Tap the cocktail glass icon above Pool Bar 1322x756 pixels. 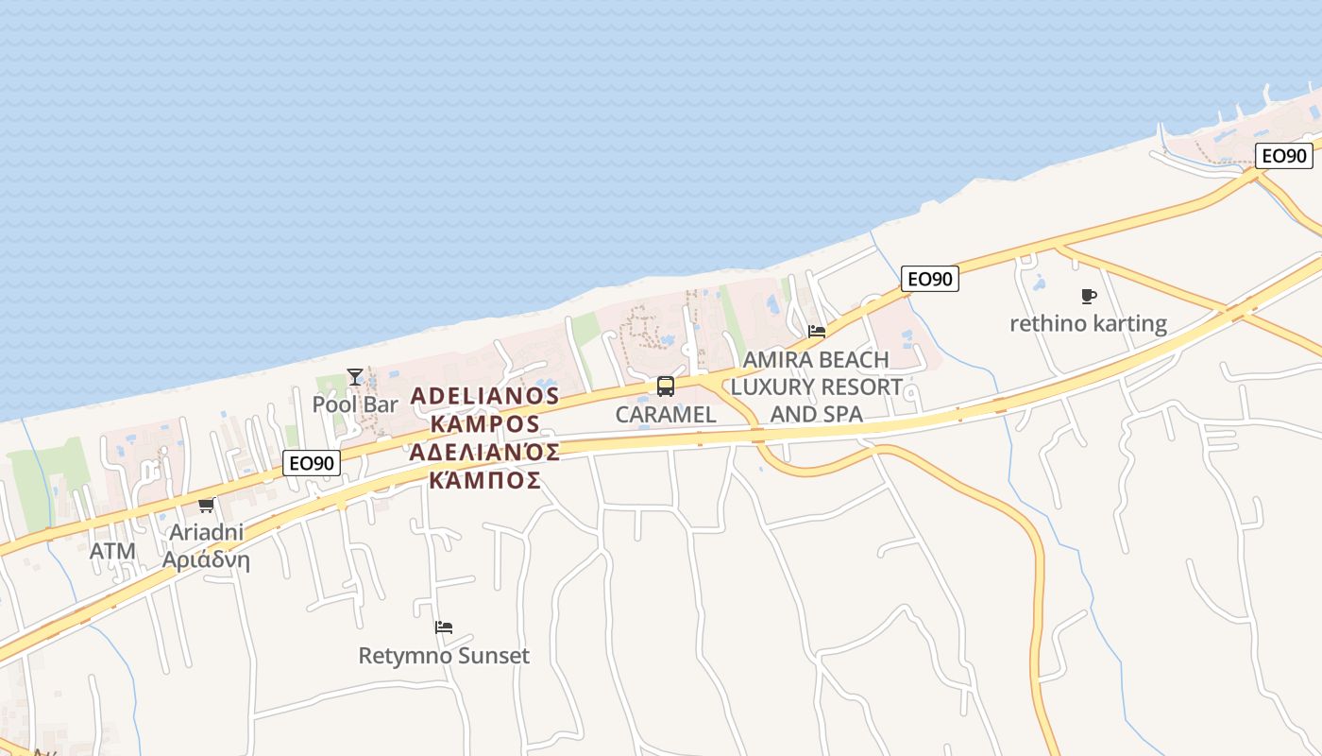coord(354,377)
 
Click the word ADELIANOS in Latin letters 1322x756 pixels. coord(484,395)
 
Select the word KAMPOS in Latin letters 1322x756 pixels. coord(484,422)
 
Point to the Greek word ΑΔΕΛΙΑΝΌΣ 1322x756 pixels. coord(484,451)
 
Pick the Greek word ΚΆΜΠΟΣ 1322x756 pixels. coord(484,480)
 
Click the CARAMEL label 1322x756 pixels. coord(666,415)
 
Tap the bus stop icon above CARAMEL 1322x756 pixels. coord(666,387)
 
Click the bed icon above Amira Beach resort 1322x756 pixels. coord(817,331)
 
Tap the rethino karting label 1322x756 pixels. coord(1088,324)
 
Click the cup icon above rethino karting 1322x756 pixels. coord(1088,296)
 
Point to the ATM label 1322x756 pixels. coord(112,551)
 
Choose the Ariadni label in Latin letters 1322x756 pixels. coord(206,532)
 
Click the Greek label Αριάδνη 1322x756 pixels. coord(206,559)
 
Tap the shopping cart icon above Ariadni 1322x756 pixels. coord(206,506)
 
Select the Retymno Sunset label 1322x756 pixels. coord(444,655)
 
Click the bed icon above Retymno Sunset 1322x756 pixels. coord(444,627)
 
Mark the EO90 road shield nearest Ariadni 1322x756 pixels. coord(312,463)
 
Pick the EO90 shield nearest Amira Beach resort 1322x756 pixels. coord(930,279)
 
